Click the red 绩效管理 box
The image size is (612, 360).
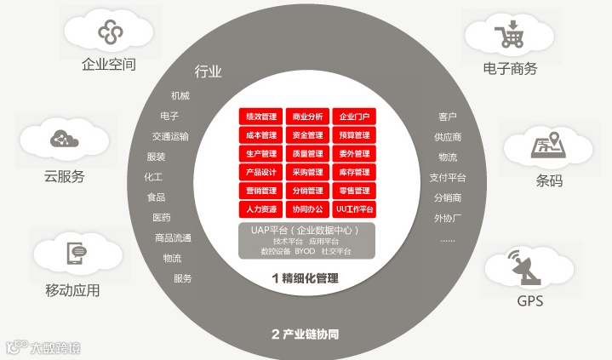click(x=261, y=117)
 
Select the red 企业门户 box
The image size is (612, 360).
click(x=354, y=117)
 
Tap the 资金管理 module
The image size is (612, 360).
click(x=307, y=135)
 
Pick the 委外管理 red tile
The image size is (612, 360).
click(x=354, y=154)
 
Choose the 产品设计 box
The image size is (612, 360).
click(x=261, y=172)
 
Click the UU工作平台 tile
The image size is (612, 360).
click(x=354, y=209)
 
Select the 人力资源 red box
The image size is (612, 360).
click(x=261, y=209)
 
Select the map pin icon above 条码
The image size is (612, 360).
click(x=546, y=146)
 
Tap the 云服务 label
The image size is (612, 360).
click(x=65, y=177)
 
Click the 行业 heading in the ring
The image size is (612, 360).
click(x=209, y=71)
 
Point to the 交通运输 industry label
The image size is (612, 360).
click(x=170, y=136)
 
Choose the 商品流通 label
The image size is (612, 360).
click(x=173, y=238)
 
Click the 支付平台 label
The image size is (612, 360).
click(x=448, y=178)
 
